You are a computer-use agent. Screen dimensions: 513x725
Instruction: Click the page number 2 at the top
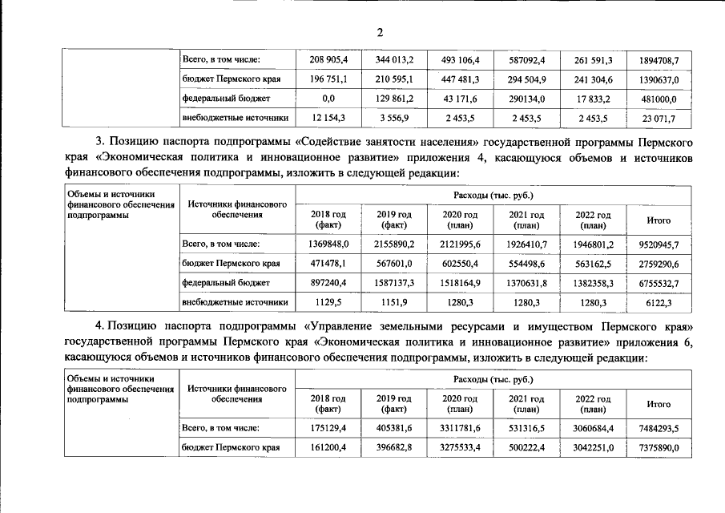click(380, 32)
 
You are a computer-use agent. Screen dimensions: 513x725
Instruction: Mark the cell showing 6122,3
click(659, 303)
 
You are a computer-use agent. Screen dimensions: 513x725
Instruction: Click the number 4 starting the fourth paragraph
click(99, 328)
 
